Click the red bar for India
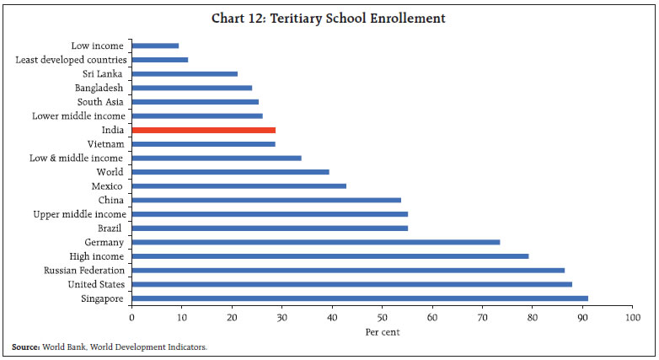204,130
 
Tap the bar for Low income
156,46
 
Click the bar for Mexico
239,185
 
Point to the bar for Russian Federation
348,270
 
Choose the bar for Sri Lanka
185,73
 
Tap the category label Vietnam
106,144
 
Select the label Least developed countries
72,60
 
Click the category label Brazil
111,228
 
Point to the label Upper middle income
79,214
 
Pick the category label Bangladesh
99,88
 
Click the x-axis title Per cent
383,331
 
